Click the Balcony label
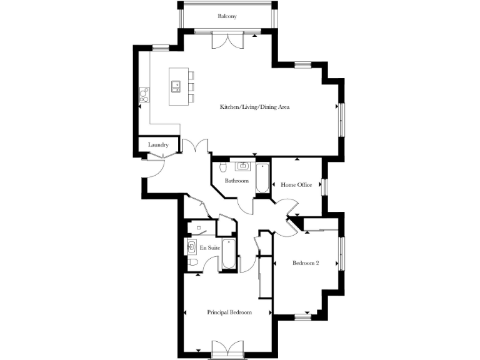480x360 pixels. [x=227, y=16]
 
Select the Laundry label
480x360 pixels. [x=158, y=146]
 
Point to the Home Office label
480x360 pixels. [x=296, y=185]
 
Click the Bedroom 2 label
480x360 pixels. [x=306, y=263]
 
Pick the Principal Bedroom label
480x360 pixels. [x=230, y=312]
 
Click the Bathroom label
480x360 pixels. [x=237, y=181]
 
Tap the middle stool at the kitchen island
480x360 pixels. [x=191, y=87]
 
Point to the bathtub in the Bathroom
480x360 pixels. [x=262, y=178]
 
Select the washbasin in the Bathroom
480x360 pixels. [x=242, y=166]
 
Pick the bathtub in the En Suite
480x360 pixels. [x=229, y=255]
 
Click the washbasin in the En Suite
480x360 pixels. [x=190, y=247]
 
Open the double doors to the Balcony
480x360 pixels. [x=226, y=41]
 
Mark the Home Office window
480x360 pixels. [x=324, y=187]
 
